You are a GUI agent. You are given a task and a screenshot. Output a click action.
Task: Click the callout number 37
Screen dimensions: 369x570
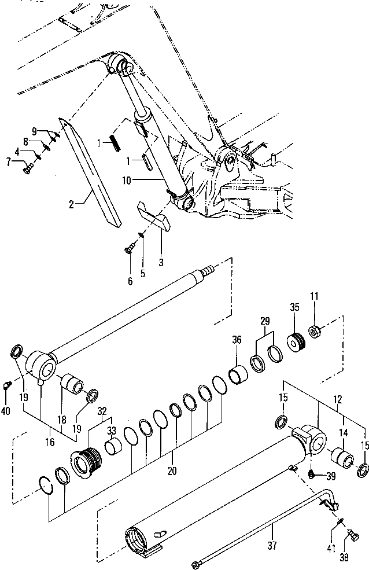pos(272,545)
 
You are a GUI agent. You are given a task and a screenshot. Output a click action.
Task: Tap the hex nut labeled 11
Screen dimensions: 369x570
pos(314,331)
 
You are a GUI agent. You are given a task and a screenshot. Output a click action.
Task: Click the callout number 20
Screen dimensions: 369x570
pos(172,471)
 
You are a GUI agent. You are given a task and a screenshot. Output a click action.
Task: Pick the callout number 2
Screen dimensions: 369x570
pos(71,204)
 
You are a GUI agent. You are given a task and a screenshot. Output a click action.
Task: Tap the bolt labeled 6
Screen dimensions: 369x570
pos(130,250)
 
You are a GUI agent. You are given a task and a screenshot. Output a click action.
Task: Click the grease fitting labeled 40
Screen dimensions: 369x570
pos(7,384)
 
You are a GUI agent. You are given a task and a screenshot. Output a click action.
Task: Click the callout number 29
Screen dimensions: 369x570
pos(265,321)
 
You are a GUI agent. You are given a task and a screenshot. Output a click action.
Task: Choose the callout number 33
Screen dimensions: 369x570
pos(112,431)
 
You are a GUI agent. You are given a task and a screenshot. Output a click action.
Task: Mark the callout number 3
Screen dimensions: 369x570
pos(161,262)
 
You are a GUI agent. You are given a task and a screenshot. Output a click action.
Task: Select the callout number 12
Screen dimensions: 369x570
pos(337,399)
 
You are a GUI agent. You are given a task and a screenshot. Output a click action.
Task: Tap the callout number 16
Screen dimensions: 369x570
pos(50,442)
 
